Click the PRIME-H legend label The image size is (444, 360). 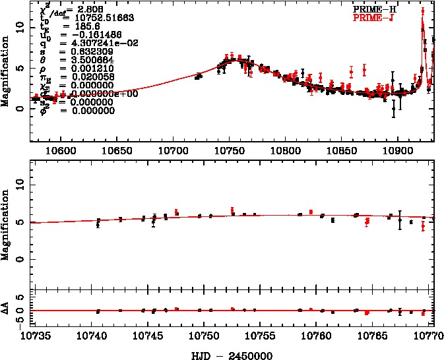(x=387, y=10)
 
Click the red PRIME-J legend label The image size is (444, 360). (x=387, y=18)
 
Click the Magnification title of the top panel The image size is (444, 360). (x=6, y=73)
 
